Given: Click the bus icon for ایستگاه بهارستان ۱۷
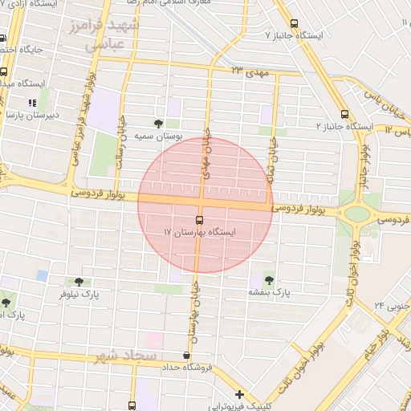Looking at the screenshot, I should (199, 219).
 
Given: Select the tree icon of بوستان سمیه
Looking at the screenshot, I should (158, 124).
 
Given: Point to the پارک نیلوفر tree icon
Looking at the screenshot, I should (78, 282).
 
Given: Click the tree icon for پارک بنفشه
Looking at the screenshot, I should (267, 280).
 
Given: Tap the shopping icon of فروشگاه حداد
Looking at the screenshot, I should (187, 356).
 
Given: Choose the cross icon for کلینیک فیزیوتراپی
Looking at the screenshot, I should (239, 395).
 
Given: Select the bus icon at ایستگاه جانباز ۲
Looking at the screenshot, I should (345, 114).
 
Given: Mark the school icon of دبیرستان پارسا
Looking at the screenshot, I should (32, 103).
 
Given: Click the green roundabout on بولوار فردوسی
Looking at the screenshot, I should (355, 214).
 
